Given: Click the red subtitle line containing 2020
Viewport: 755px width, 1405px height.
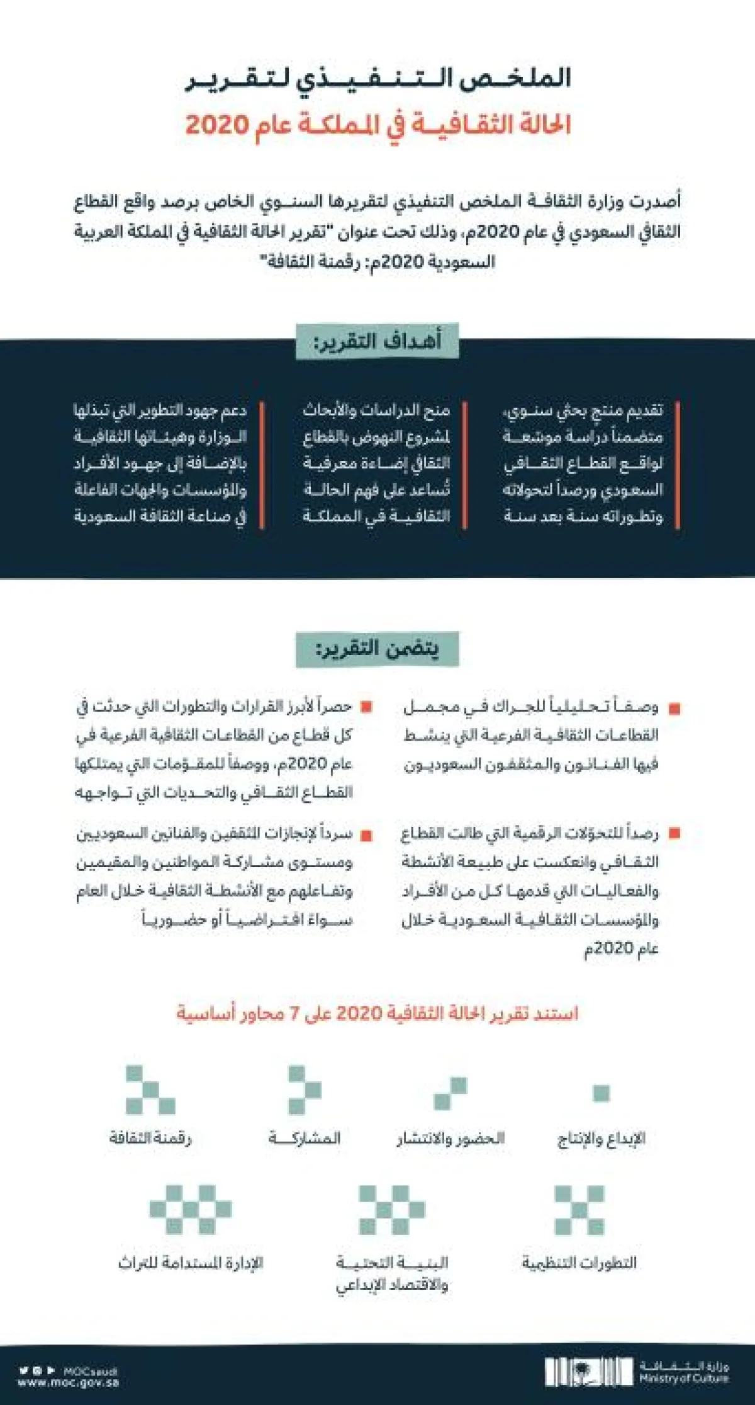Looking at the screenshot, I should pos(377,125).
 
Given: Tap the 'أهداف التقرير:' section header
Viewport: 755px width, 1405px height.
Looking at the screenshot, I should pos(377,342).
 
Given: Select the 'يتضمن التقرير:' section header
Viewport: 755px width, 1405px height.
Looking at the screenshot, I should pos(377,649).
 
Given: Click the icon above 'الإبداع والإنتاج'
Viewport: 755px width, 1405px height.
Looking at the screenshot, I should pos(601,1093).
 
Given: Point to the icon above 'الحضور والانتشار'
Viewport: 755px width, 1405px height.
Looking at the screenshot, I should pos(450,1093).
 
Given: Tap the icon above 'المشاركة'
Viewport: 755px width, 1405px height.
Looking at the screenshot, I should pos(305,1089).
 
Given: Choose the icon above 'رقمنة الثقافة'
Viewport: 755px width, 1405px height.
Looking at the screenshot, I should pos(150,1089).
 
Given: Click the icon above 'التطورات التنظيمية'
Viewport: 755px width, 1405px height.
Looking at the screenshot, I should pos(579,1210).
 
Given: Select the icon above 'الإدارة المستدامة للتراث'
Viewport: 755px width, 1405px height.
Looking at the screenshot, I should pos(190,1209).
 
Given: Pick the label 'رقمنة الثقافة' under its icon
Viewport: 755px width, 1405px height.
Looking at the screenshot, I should pos(150,1138).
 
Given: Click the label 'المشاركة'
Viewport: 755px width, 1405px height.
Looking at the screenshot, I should pos(305,1138).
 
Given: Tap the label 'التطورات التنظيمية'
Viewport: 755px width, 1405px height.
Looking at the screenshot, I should pos(579,1262).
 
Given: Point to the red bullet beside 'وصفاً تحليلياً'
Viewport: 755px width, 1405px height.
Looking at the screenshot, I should pos(674,708).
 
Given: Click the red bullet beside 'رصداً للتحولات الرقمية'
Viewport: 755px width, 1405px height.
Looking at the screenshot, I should pos(674,833).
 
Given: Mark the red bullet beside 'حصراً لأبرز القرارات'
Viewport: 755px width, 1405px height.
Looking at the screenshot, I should pos(366,707).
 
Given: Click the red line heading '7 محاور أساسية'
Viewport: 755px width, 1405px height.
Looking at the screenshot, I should pos(377,1013).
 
